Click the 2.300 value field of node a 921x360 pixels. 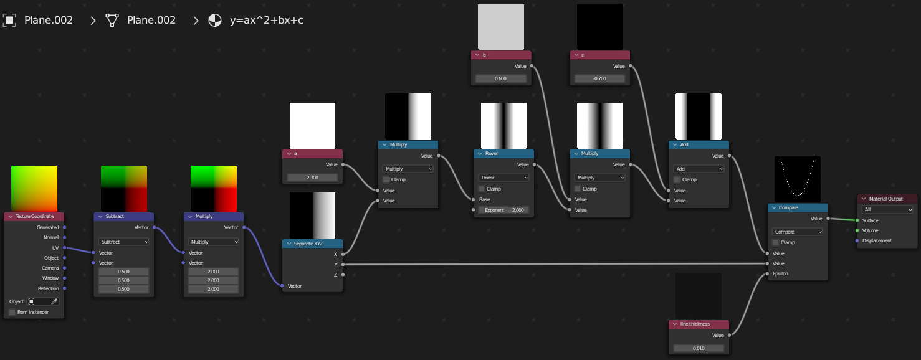tap(312, 178)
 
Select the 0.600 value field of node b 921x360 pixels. tap(501, 78)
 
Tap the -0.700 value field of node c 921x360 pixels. tap(599, 78)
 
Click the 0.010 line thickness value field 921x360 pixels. tap(699, 348)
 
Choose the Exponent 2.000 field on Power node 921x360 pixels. tap(503, 210)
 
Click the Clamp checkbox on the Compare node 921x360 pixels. tap(776, 242)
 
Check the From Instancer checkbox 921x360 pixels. tap(12, 312)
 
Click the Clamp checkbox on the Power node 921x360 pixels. tap(482, 189)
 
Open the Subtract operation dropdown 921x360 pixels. tap(124, 242)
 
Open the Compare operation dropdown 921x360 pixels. tap(797, 232)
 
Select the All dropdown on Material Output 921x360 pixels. tap(887, 210)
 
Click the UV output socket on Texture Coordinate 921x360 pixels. tap(65, 248)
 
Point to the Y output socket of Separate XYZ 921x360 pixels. tap(343, 264)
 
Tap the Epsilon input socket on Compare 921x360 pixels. tap(767, 273)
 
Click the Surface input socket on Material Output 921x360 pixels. tap(857, 220)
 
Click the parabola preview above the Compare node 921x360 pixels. tap(797, 179)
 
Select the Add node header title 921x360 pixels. tap(684, 144)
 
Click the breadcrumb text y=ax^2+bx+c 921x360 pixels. tap(267, 20)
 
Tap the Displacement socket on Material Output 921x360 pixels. tap(857, 240)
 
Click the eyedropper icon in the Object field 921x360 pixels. tap(54, 301)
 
